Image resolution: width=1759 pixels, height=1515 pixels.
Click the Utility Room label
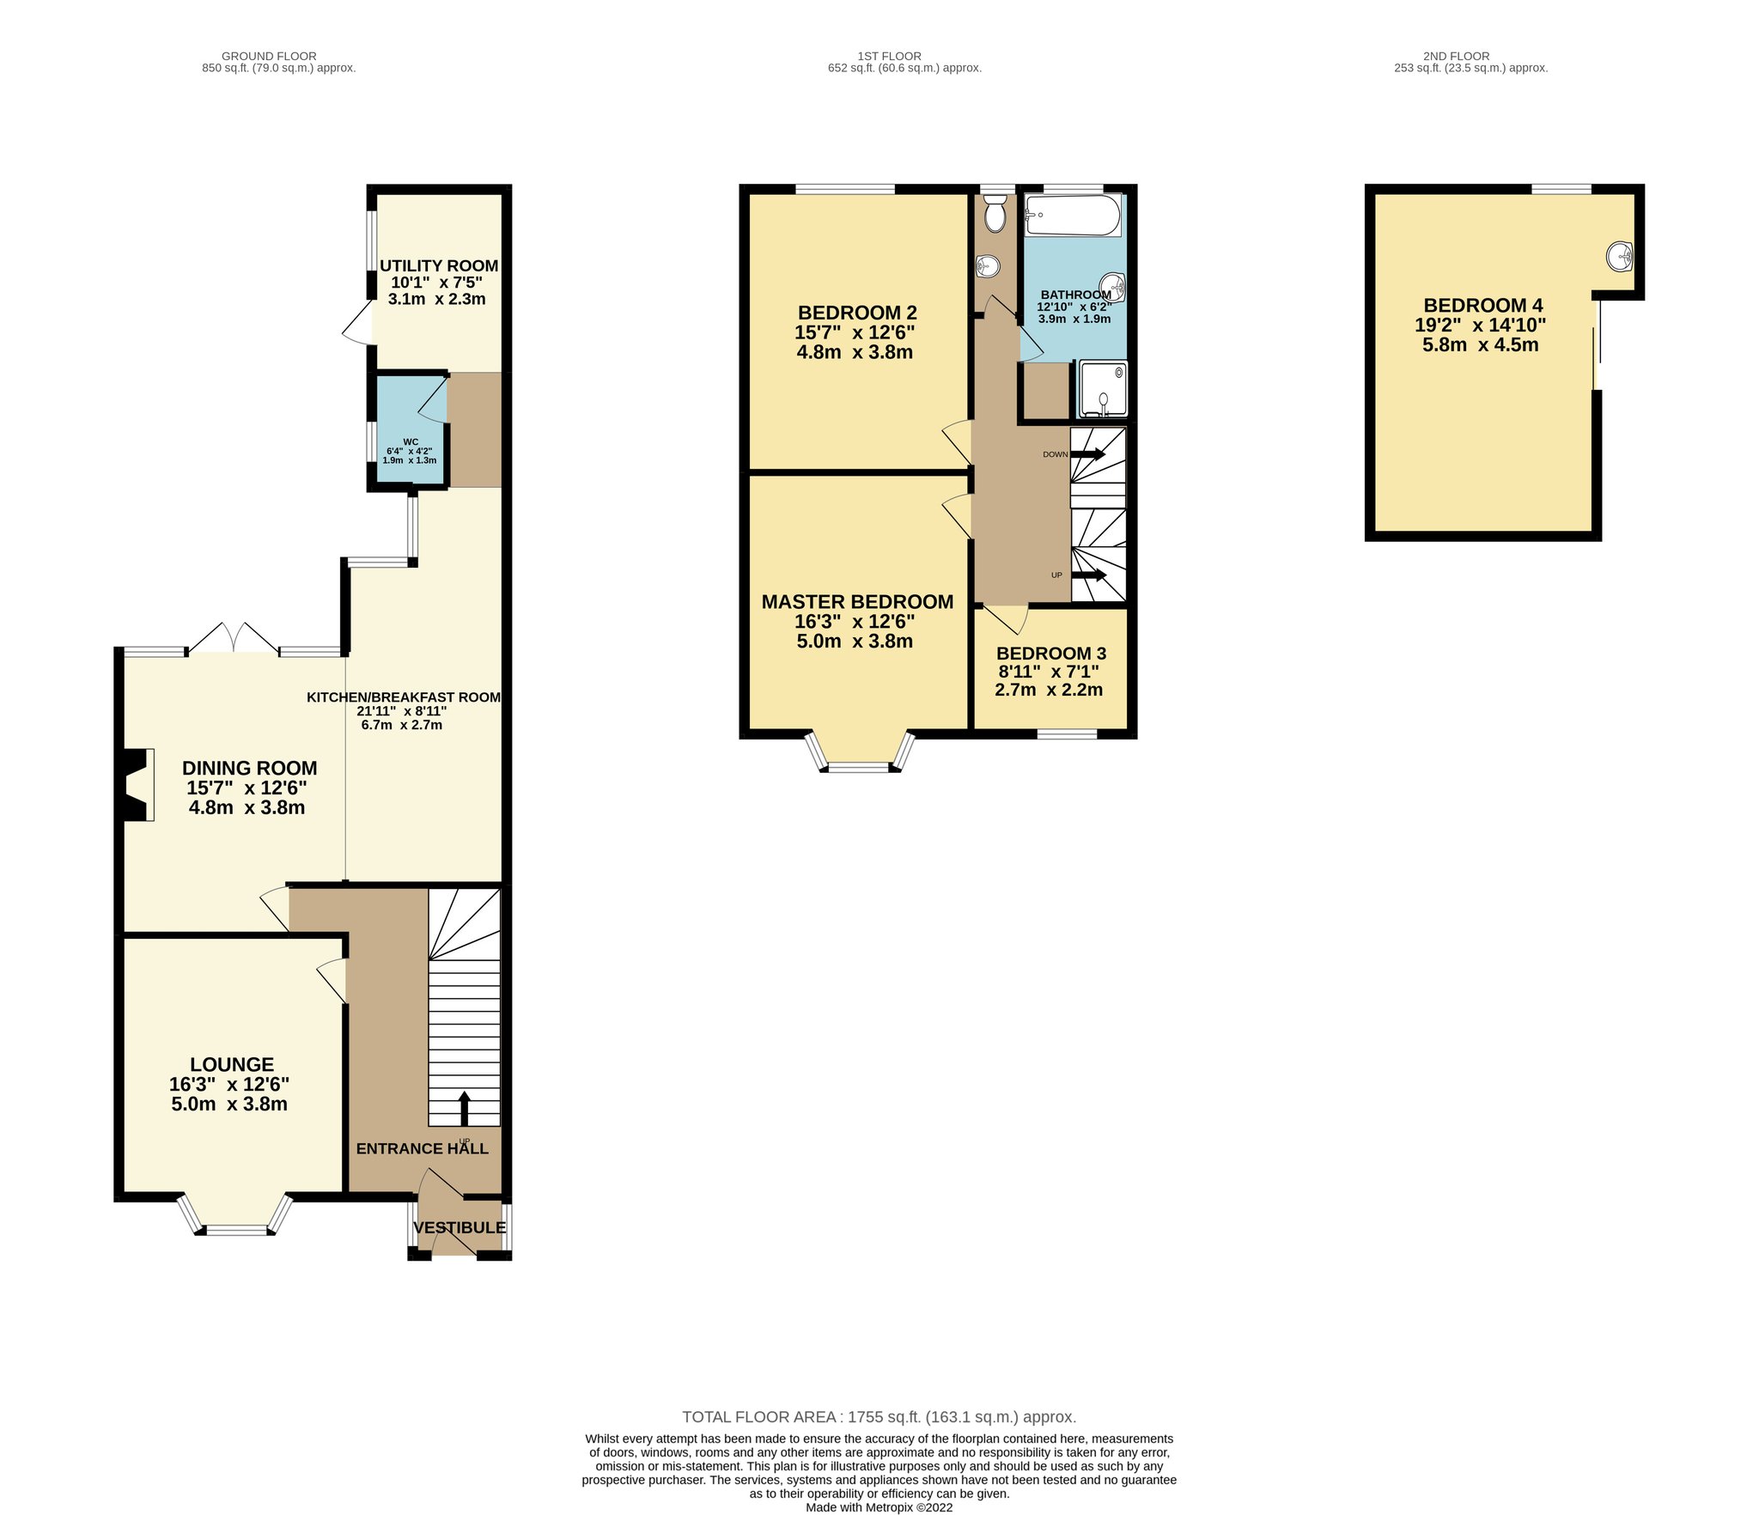tap(439, 265)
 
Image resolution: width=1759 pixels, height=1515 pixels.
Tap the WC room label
tap(411, 442)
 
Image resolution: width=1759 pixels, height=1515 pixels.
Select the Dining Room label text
tap(249, 768)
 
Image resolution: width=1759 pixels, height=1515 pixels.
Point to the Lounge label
tap(232, 1064)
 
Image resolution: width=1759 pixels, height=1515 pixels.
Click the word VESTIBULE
tap(460, 1227)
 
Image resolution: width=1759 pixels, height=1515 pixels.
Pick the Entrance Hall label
tap(423, 1148)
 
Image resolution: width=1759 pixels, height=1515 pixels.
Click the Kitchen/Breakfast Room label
tap(404, 697)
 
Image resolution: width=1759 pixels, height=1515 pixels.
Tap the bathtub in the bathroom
tap(1074, 215)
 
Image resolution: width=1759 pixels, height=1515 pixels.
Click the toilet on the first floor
tap(995, 213)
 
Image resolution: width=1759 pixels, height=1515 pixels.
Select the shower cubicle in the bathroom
tap(1102, 390)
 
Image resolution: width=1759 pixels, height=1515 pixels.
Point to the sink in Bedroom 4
tap(1620, 256)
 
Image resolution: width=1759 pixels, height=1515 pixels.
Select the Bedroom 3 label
tap(1051, 654)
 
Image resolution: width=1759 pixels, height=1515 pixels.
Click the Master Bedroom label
tap(857, 601)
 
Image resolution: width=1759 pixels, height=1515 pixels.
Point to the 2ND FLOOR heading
tap(1456, 56)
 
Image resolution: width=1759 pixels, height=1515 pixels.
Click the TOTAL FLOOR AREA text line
tap(879, 1417)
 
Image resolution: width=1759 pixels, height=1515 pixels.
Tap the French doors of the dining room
tap(233, 638)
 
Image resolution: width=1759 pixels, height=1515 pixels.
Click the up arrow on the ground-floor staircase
tap(465, 1108)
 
